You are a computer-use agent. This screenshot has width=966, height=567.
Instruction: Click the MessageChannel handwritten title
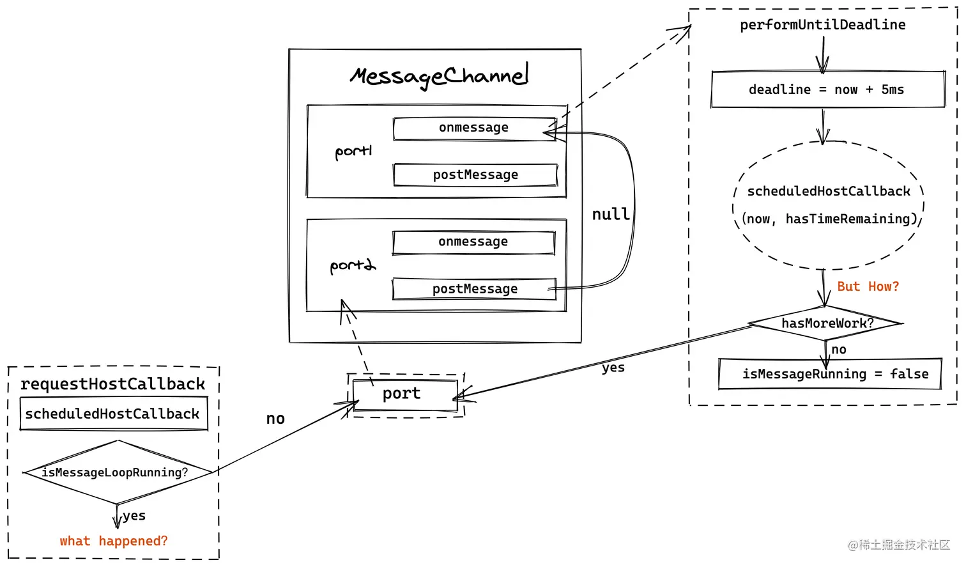439,76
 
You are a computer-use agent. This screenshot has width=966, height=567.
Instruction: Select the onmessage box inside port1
474,128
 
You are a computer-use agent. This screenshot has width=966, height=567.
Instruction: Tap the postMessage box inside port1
475,175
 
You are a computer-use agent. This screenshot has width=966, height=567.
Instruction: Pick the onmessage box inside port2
473,242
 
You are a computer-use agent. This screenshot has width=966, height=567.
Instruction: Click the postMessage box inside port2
474,289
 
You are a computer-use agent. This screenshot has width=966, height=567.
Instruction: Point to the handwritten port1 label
353,152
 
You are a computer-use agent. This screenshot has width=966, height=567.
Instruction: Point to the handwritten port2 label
353,265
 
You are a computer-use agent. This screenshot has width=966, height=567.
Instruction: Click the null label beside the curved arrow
611,214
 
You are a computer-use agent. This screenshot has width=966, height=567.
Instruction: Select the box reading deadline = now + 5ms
828,89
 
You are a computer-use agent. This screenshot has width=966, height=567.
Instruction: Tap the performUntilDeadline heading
823,25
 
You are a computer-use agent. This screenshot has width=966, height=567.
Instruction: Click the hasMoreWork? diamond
825,323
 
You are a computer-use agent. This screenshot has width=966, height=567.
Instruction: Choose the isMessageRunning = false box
830,374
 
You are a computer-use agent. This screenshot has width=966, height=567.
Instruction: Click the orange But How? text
868,286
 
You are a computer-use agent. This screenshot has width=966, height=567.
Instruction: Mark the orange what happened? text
114,541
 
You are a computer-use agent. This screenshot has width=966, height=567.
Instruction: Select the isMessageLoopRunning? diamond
118,472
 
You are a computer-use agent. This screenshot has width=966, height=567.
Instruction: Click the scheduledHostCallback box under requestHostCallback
114,414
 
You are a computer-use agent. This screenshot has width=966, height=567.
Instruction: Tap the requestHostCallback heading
112,384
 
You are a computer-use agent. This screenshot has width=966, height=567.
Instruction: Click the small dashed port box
406,395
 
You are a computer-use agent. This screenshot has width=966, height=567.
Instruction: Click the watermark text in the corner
899,545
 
